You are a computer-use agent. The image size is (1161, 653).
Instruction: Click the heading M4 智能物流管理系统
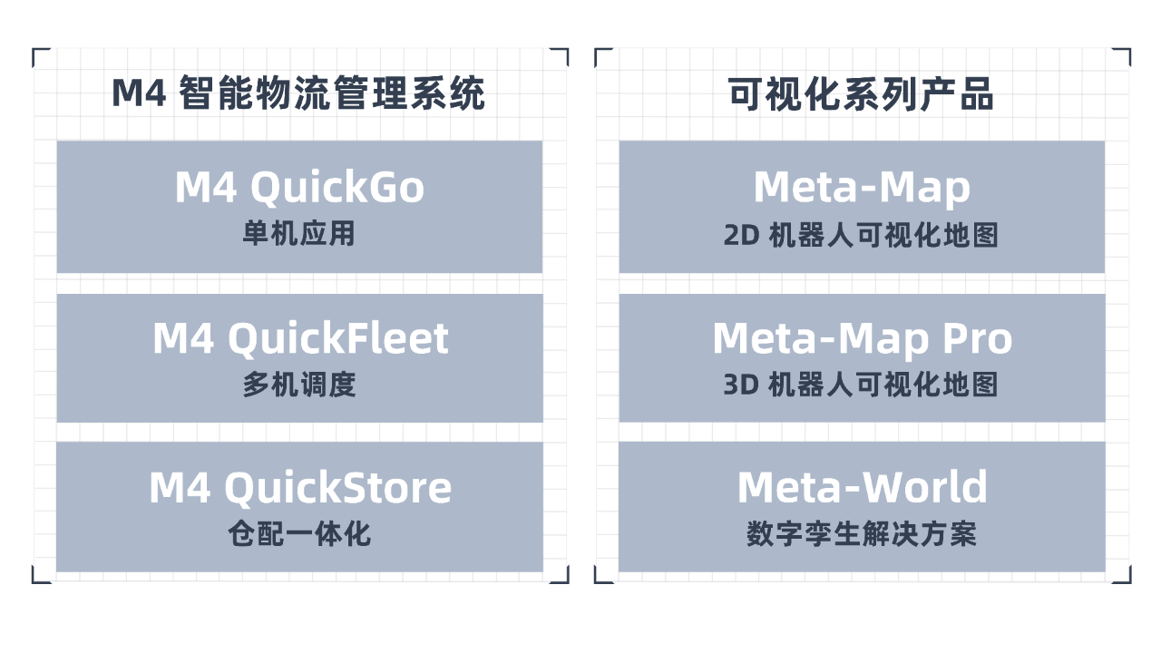pyautogui.click(x=298, y=94)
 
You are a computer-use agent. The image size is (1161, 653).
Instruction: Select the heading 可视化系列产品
pyautogui.click(x=862, y=94)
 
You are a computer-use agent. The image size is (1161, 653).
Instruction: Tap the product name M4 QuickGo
pyautogui.click(x=299, y=188)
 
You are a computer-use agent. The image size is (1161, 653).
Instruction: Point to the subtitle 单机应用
pyautogui.click(x=299, y=234)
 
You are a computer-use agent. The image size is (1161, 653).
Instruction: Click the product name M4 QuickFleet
pyautogui.click(x=299, y=338)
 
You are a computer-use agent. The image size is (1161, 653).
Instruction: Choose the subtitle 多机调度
pyautogui.click(x=299, y=385)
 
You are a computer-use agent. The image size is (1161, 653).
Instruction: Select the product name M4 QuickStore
pyautogui.click(x=299, y=488)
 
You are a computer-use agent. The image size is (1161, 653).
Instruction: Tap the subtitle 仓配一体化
pyautogui.click(x=299, y=534)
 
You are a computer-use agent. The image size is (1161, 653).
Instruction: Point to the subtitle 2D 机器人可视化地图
pyautogui.click(x=862, y=235)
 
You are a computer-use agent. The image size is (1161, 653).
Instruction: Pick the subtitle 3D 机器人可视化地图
pyautogui.click(x=862, y=385)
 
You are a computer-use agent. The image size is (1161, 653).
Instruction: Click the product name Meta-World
pyautogui.click(x=862, y=488)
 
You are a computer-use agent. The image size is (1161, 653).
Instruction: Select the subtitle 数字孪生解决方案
pyautogui.click(x=862, y=534)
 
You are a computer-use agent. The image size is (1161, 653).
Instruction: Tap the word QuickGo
pyautogui.click(x=337, y=188)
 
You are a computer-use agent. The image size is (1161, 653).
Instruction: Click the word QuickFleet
pyautogui.click(x=337, y=338)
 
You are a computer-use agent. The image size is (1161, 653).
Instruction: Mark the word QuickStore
pyautogui.click(x=337, y=488)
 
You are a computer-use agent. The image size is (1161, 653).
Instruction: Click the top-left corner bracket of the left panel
pyautogui.click(x=37, y=54)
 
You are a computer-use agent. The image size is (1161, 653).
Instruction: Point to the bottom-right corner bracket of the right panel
pyautogui.click(x=1125, y=577)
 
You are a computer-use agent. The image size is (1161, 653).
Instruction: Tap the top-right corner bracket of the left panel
pyautogui.click(x=562, y=54)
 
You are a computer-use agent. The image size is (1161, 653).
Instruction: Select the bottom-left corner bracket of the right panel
pyautogui.click(x=600, y=577)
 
